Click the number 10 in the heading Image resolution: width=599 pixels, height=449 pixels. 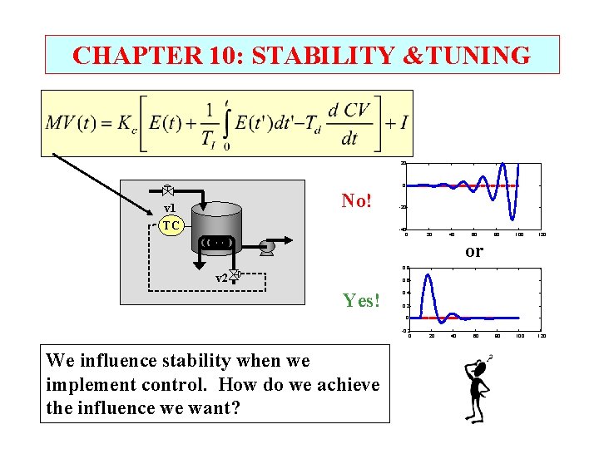[x=219, y=55]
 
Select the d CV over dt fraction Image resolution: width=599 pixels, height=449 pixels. [x=349, y=123]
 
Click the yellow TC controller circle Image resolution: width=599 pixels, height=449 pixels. [x=171, y=224]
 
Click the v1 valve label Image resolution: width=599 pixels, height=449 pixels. [x=170, y=209]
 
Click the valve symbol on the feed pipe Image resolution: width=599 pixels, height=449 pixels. [x=167, y=190]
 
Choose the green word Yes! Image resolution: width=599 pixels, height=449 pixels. [x=360, y=301]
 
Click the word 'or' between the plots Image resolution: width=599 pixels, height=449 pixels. [x=473, y=250]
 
